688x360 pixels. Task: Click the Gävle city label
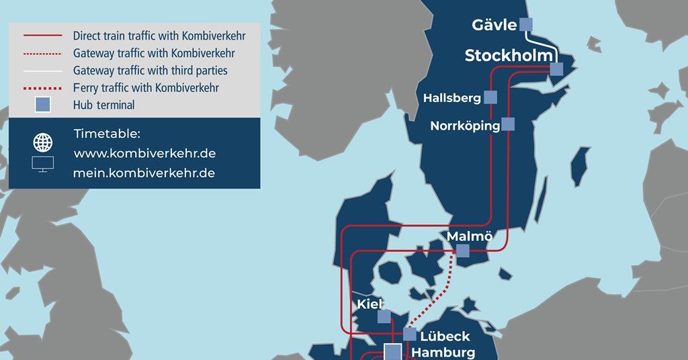point(494,26)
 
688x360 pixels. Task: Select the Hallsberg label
point(452,98)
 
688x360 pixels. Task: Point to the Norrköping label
point(465,126)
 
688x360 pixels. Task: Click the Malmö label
point(470,236)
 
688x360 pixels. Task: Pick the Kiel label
point(370,304)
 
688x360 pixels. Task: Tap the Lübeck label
point(444,336)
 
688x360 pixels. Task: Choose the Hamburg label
point(443,352)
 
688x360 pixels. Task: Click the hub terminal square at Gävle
point(525,25)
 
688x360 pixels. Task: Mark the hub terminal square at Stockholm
point(556,69)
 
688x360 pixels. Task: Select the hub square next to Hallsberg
point(491,97)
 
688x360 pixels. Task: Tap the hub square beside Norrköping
point(508,124)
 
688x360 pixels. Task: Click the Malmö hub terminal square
point(462,251)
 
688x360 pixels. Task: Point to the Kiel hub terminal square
point(384,316)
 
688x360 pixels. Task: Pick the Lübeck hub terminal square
point(409,334)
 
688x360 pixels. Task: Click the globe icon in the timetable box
point(43,142)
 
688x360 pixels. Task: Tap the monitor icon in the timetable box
point(43,164)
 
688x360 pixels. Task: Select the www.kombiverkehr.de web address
point(144,153)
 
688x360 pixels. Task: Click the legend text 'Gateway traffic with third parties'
point(150,70)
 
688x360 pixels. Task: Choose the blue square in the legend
point(43,104)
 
